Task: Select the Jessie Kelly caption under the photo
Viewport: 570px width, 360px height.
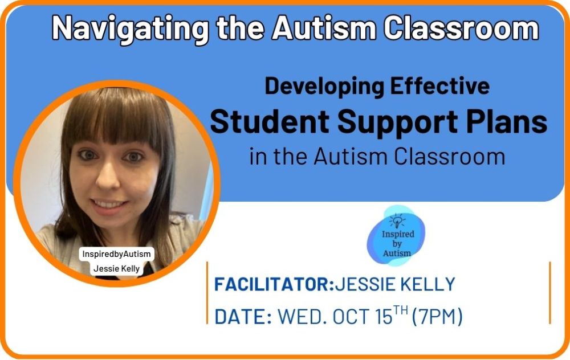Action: [x=117, y=268]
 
